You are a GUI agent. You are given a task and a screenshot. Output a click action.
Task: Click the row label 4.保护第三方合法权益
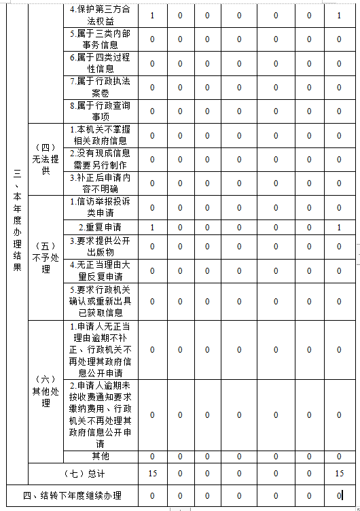pyautogui.click(x=101, y=16)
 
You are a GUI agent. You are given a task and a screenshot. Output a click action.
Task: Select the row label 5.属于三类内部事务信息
pyautogui.click(x=101, y=39)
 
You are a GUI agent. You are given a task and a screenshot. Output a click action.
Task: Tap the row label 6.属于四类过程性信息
pyautogui.click(x=101, y=64)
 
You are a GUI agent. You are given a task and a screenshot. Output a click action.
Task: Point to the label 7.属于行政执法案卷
pyautogui.click(x=101, y=87)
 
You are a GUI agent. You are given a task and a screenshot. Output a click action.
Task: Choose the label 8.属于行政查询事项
pyautogui.click(x=101, y=111)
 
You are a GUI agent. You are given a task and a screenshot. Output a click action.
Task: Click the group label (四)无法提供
pyautogui.click(x=46, y=159)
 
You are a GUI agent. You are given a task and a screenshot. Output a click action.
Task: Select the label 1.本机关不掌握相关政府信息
pyautogui.click(x=101, y=135)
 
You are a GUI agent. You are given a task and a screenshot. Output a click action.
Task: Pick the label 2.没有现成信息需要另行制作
pyautogui.click(x=101, y=159)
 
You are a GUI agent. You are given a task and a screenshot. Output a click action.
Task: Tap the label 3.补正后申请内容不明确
pyautogui.click(x=101, y=183)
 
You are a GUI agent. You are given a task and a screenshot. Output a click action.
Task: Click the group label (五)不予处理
pyautogui.click(x=46, y=258)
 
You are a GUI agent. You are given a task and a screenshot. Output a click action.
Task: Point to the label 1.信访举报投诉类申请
pyautogui.click(x=101, y=207)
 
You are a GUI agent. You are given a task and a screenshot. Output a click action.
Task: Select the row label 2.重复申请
pyautogui.click(x=101, y=227)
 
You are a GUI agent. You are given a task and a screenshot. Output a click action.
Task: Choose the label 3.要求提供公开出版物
pyautogui.click(x=101, y=246)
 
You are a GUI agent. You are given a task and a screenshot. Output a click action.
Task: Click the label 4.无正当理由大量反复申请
pyautogui.click(x=101, y=270)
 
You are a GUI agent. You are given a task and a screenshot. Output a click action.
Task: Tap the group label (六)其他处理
pyautogui.click(x=46, y=391)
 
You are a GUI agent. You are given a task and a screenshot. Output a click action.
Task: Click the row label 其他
pyautogui.click(x=101, y=456)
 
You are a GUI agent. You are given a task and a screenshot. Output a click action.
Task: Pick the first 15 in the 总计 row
pyautogui.click(x=152, y=472)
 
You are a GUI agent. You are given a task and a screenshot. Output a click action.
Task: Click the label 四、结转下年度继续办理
pyautogui.click(x=72, y=495)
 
